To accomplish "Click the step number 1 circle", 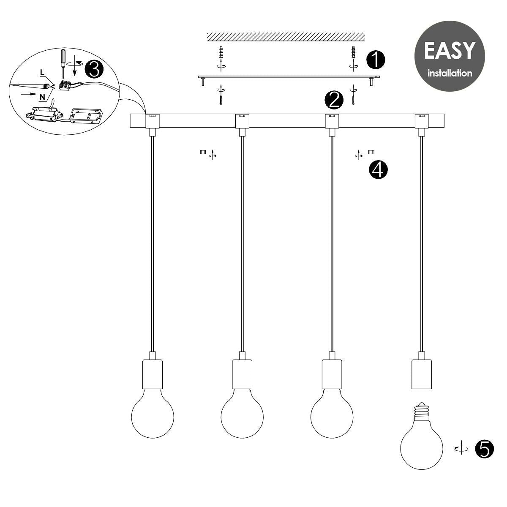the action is [376, 60].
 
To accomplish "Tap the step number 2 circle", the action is [334, 100].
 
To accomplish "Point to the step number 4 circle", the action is [378, 170].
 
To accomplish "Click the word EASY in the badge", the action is [450, 51].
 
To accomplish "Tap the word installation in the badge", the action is [450, 73].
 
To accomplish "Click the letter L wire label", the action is [42, 72].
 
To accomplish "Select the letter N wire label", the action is [42, 97].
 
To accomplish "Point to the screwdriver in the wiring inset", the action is [63, 63].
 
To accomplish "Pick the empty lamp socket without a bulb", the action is [422, 374].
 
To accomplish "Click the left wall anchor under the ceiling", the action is [221, 52].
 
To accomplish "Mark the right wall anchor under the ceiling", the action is [353, 52].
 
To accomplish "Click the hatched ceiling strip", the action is [286, 37].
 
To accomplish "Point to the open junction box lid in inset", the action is [86, 116].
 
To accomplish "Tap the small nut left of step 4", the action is [203, 152].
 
